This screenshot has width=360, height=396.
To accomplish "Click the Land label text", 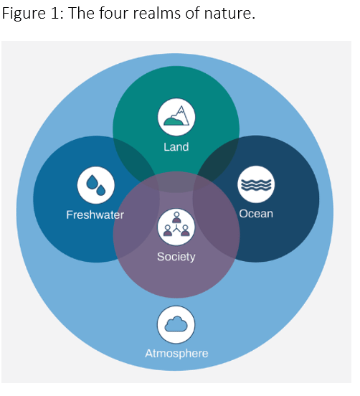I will tap(176, 147).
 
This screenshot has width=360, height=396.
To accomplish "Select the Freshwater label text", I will tap(95, 214).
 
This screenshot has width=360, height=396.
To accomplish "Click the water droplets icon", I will tap(95, 185).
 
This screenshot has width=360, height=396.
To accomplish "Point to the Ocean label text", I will tap(256, 214).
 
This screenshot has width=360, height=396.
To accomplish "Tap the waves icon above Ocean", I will tap(256, 184).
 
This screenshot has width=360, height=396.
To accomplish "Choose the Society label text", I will tap(176, 256).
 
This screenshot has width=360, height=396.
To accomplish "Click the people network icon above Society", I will tap(176, 226).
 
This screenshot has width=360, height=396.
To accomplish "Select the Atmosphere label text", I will tap(176, 353).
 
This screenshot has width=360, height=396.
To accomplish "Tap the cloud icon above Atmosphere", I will tap(176, 324).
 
